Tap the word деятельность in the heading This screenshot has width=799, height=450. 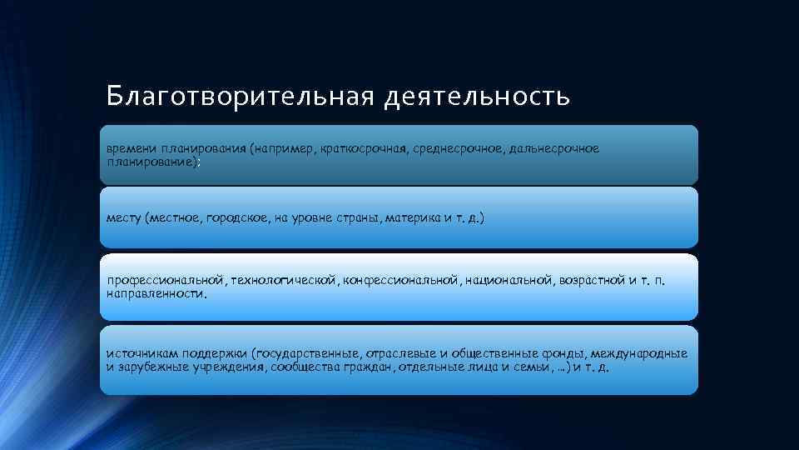(477, 97)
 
